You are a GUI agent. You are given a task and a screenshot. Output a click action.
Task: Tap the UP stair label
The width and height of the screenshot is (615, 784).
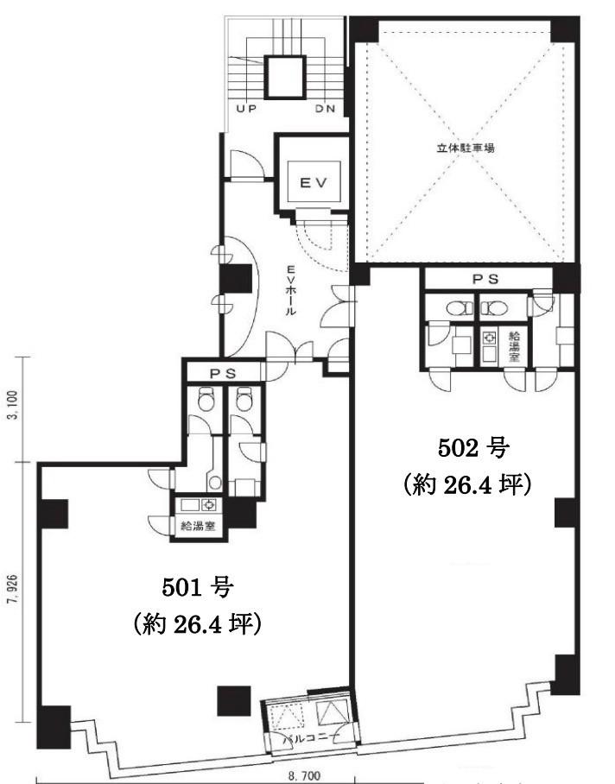246,109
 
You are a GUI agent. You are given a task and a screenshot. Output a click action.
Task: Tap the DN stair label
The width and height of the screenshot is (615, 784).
325,109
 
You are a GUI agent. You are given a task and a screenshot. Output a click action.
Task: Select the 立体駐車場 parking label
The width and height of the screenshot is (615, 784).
466,148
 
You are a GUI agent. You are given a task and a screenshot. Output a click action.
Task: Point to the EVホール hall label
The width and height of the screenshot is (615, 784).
290,290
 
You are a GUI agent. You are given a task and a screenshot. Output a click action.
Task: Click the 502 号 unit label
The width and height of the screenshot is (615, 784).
473,448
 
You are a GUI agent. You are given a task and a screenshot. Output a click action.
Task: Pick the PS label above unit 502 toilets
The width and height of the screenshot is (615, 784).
485,279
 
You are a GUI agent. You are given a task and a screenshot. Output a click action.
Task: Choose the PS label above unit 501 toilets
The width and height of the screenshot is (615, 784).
223,373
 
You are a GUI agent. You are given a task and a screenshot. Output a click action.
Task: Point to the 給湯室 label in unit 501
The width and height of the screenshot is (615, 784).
198,526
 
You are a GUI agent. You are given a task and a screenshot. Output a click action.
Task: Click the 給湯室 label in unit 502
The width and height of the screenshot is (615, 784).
514,346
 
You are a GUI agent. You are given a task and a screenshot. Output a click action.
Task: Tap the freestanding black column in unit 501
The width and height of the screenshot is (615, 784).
233,700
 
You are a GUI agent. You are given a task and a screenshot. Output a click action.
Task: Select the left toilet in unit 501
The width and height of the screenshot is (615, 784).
206,399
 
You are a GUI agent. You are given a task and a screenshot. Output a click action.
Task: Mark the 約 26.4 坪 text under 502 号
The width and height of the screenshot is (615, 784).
466,484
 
